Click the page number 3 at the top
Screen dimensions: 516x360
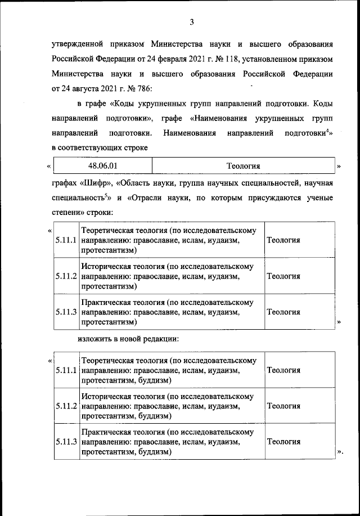[191, 23]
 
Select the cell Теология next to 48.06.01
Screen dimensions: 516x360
[244, 167]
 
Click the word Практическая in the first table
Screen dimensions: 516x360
[107, 302]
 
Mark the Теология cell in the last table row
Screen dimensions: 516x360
[283, 442]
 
